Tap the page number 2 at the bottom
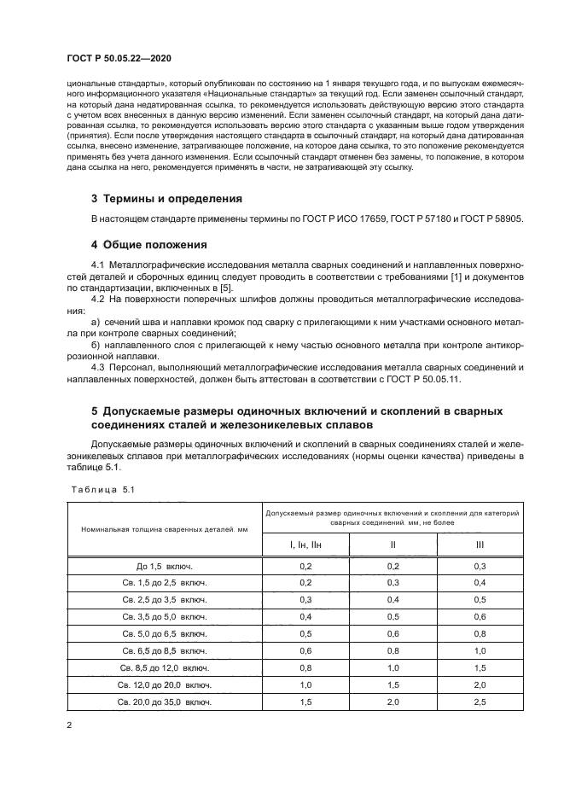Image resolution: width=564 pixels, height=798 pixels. pyautogui.click(x=69, y=725)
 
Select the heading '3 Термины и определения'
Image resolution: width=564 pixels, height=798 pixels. pyautogui.click(x=166, y=199)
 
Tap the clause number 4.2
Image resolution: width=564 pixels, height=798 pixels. pyautogui.click(x=100, y=299)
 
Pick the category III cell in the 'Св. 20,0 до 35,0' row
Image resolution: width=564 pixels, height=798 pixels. pyautogui.click(x=479, y=702)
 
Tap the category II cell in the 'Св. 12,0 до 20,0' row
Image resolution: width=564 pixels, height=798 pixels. pyautogui.click(x=392, y=684)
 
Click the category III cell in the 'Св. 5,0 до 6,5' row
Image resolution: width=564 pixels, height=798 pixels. pyautogui.click(x=479, y=634)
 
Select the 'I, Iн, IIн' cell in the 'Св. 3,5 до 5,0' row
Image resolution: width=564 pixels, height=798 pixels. pyautogui.click(x=305, y=617)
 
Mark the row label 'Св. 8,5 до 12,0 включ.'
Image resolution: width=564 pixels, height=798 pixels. pyautogui.click(x=165, y=667)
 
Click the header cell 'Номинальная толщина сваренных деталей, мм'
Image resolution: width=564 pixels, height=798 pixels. pyautogui.click(x=165, y=529)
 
